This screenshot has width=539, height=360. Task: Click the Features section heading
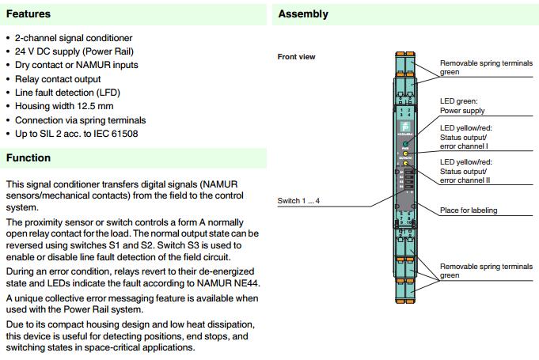[x=28, y=14]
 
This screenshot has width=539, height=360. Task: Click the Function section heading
[x=28, y=158]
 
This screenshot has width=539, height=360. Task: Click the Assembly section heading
[x=303, y=14]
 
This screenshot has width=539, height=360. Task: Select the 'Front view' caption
[x=296, y=57]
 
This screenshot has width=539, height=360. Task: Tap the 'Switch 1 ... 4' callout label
[x=298, y=201]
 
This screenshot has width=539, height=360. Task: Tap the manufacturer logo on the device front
[x=404, y=126]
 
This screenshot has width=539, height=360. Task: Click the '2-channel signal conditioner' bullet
[x=74, y=38]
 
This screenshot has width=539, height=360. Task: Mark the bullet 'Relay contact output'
[x=58, y=78]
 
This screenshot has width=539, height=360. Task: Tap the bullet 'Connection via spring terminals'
[x=80, y=119]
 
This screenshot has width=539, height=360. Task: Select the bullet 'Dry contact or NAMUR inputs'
[x=76, y=65]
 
